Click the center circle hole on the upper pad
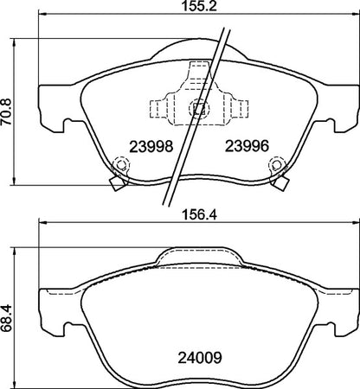[x=197, y=109]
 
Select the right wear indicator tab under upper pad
[x=282, y=181]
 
